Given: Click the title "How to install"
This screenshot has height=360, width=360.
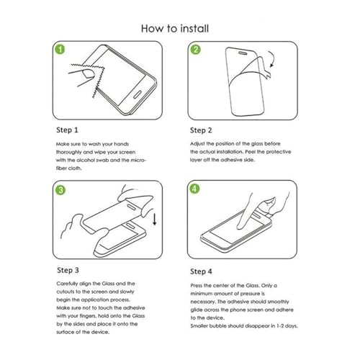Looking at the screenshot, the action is (175, 28).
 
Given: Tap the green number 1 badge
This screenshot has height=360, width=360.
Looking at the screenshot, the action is (60, 49).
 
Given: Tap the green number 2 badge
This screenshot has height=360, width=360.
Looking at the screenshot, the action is (196, 50).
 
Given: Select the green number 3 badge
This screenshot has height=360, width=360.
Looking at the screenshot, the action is (60, 190).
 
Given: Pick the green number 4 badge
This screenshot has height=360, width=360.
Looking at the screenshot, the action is (194, 189).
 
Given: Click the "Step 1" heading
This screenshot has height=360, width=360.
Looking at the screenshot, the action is (67, 130).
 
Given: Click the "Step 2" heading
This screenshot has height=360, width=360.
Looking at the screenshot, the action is (201, 130).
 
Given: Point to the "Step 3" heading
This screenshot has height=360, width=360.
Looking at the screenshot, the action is (68, 270).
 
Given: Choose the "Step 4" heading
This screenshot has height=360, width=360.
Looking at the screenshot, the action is (201, 271).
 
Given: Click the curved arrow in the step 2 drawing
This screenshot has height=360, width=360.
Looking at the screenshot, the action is (274, 58).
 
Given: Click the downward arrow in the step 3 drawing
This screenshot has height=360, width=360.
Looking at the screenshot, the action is (155, 219).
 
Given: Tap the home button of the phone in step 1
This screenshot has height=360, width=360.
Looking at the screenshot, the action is (137, 94).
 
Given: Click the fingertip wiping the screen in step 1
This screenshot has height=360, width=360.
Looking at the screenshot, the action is (88, 73).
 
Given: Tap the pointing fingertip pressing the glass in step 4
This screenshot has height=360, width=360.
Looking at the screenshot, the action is (240, 226).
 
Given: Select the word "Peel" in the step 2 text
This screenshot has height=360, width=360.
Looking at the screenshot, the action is (250, 152).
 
